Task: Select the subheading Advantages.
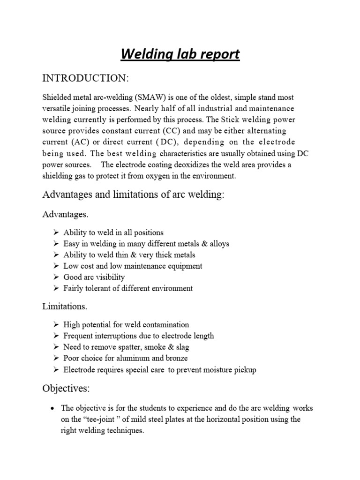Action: click(x=65, y=214)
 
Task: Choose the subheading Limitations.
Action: click(x=64, y=307)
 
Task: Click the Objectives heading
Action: click(x=65, y=389)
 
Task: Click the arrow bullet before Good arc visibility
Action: click(x=56, y=277)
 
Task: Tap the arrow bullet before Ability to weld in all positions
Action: click(x=56, y=232)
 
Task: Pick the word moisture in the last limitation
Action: click(x=218, y=370)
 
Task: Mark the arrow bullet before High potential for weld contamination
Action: click(x=56, y=324)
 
